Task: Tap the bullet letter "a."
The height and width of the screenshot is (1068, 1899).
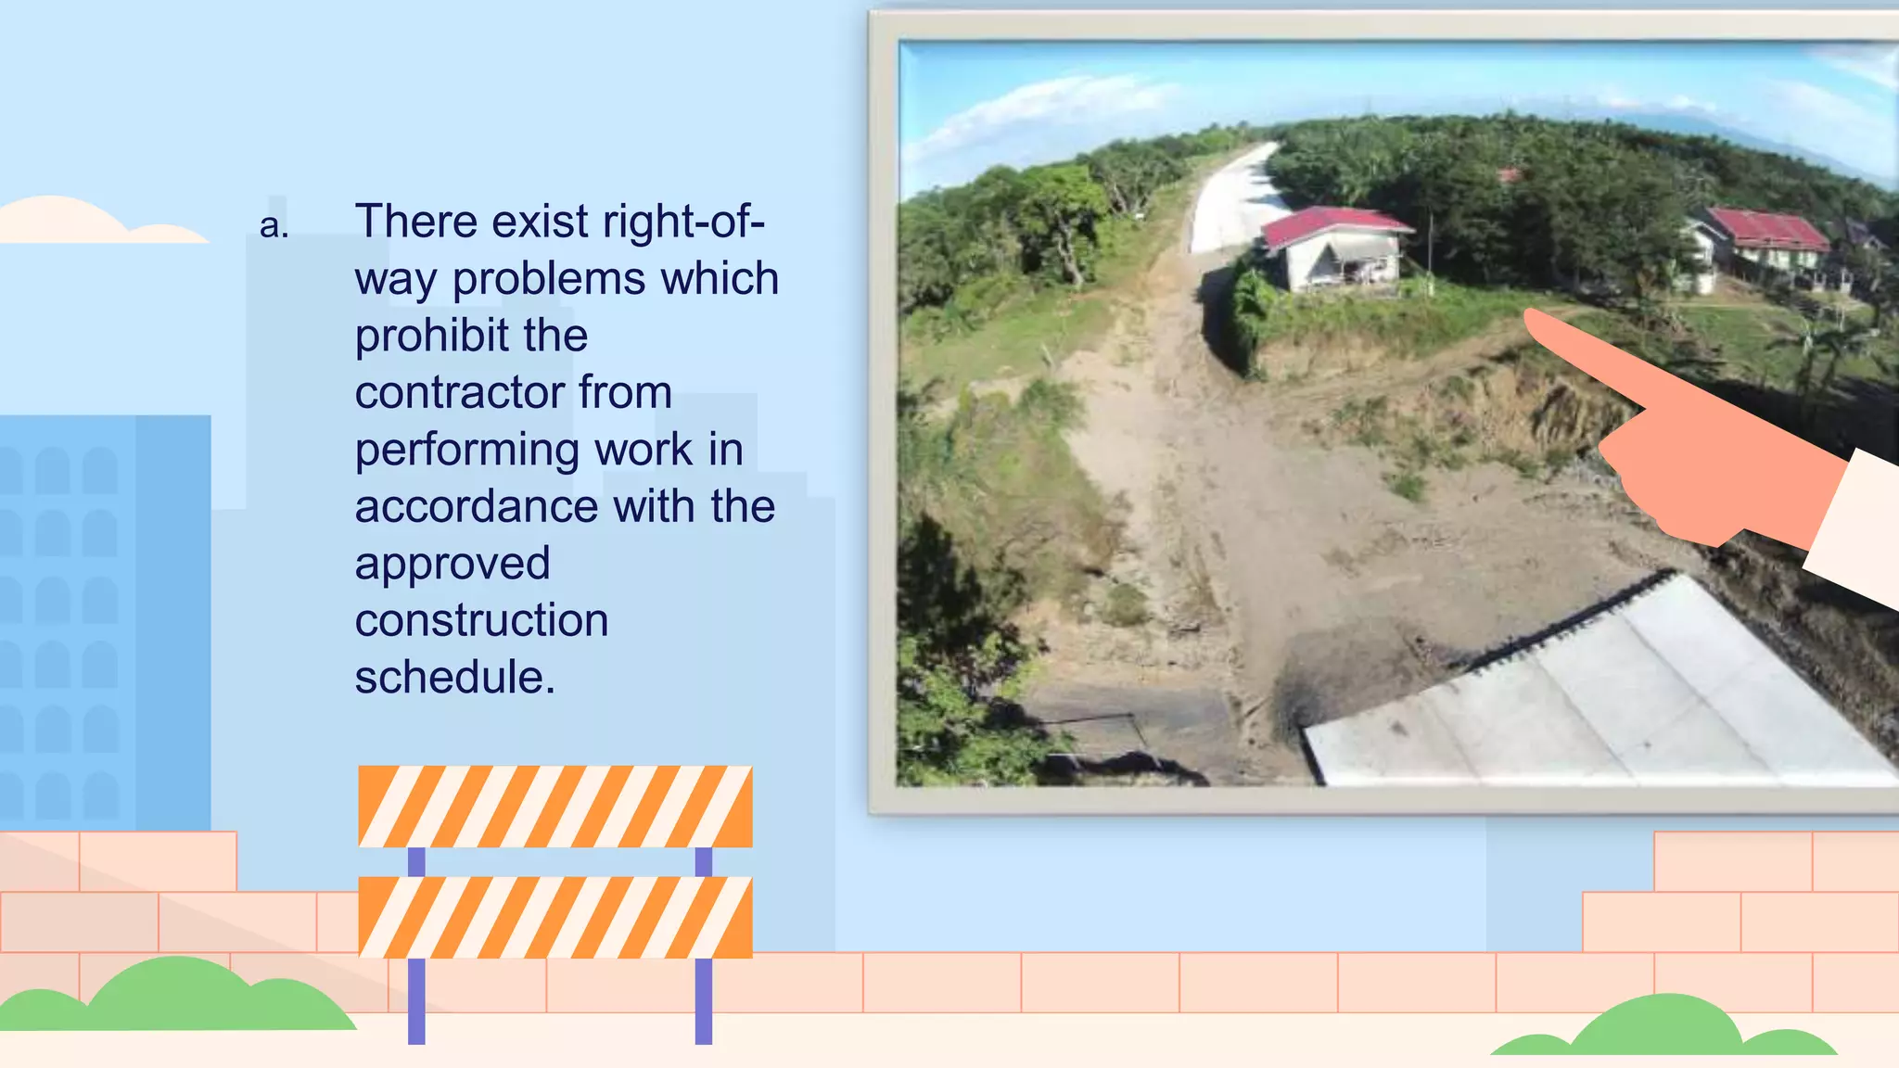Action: pyautogui.click(x=274, y=225)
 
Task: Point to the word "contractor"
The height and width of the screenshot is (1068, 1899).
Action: pyautogui.click(x=459, y=393)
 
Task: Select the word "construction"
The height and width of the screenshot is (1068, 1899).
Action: pyautogui.click(x=481, y=621)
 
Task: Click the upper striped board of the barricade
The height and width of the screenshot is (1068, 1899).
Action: pyautogui.click(x=554, y=806)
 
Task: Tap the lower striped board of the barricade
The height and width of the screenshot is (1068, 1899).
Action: pyautogui.click(x=554, y=917)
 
